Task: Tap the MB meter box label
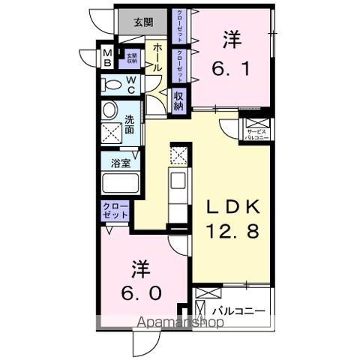108,56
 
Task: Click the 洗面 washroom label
130,124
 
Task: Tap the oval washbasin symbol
110,111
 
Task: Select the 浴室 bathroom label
119,160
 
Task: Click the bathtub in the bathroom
119,183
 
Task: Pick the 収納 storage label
178,100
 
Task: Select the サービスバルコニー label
256,134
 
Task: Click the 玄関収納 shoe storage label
131,57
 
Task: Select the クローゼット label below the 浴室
115,210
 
